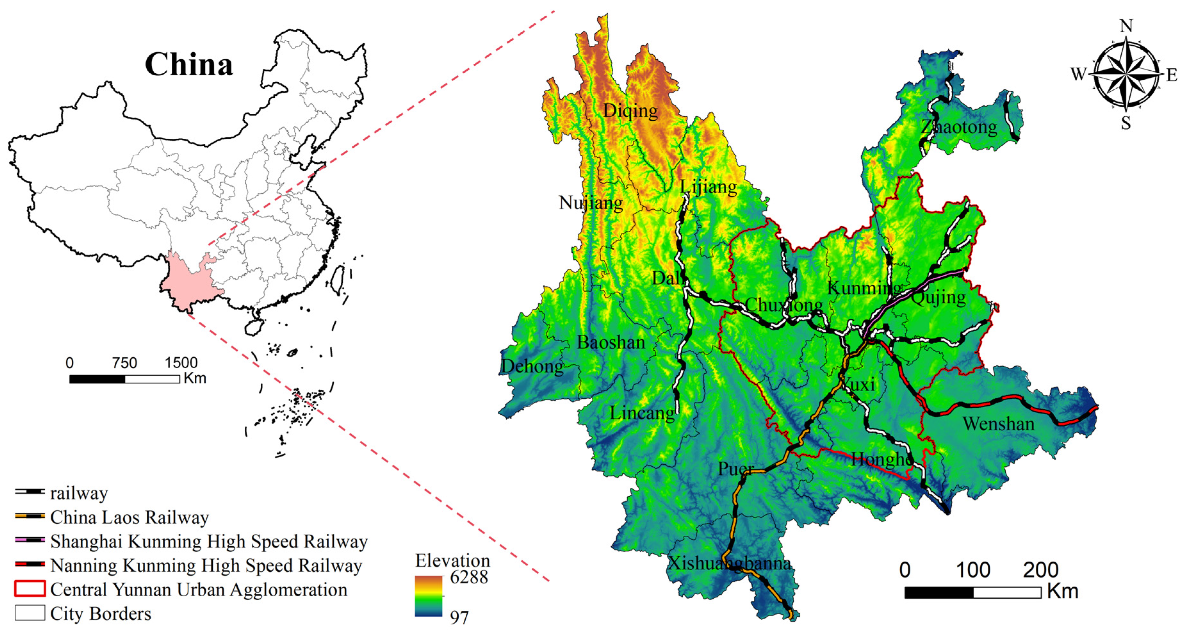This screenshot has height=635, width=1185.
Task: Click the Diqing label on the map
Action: click(630, 111)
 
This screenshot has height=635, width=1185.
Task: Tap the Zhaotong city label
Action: click(959, 126)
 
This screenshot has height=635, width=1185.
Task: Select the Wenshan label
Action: click(998, 423)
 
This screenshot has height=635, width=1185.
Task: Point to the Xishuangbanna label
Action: click(729, 563)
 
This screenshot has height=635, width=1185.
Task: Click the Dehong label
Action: click(532, 366)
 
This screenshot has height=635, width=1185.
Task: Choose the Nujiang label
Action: click(591, 202)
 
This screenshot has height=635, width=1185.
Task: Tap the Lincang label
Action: click(642, 413)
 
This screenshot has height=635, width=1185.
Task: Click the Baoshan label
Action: click(611, 343)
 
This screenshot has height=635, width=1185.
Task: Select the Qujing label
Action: click(938, 297)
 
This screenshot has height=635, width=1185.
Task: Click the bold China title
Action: click(189, 64)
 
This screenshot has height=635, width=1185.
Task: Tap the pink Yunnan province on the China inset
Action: click(189, 281)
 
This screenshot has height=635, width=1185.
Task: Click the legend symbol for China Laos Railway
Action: click(30, 516)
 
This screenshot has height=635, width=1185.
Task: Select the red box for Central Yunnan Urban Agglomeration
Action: click(30, 589)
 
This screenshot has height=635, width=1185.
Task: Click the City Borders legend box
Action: click(30, 613)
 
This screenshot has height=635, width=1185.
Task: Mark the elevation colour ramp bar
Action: click(428, 596)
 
